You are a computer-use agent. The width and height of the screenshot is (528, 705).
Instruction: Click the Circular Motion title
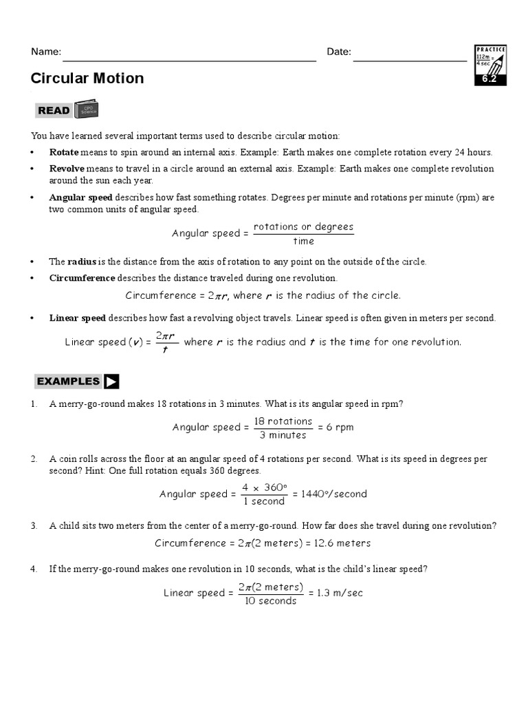[87, 78]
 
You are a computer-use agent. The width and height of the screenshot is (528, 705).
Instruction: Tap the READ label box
[54, 110]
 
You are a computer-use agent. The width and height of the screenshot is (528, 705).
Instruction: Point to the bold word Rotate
[64, 152]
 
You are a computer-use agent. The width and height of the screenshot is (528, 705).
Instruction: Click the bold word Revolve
[67, 169]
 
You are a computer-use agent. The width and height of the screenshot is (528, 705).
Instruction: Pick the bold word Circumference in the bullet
[82, 279]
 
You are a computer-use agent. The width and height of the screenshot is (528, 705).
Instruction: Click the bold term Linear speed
[78, 318]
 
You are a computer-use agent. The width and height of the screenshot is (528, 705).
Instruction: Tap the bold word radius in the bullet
[82, 262]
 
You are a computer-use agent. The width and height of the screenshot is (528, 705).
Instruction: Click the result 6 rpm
[340, 428]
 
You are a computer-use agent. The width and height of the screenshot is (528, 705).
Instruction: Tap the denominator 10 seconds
[271, 601]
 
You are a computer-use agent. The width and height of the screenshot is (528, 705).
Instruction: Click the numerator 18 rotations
[283, 421]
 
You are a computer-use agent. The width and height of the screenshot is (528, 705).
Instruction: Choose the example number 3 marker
[34, 526]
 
